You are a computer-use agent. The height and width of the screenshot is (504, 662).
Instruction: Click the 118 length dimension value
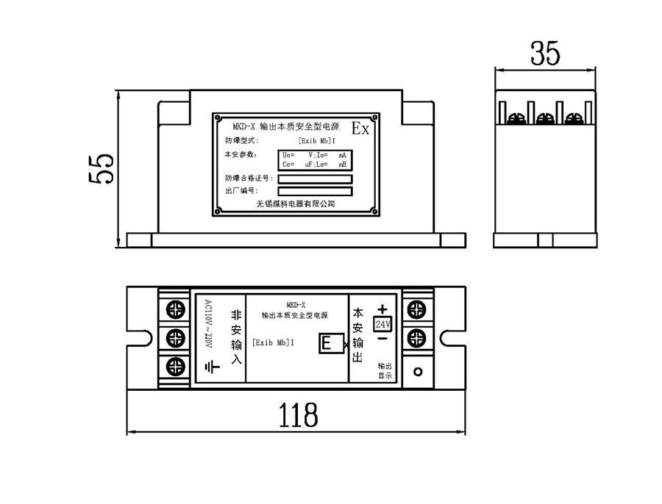tap(298, 415)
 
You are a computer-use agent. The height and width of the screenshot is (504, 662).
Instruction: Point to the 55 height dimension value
tap(101, 168)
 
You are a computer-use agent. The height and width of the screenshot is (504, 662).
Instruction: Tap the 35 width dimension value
tap(545, 54)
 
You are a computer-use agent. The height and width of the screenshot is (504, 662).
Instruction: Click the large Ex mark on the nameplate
tap(360, 129)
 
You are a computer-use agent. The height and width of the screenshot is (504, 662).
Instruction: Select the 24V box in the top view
tap(383, 324)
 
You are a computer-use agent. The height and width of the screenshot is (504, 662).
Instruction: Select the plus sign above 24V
tap(382, 309)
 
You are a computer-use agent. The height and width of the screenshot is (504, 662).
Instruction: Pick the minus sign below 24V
tap(382, 339)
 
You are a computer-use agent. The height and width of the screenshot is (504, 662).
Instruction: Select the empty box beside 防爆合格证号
tap(315, 179)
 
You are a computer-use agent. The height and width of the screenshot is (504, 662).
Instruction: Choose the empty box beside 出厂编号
tap(315, 192)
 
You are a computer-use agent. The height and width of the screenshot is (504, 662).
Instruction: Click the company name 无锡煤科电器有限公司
tap(296, 204)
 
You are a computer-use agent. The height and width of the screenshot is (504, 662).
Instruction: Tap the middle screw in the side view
tap(545, 118)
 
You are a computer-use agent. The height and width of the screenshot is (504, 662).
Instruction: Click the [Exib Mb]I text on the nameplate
tap(318, 140)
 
